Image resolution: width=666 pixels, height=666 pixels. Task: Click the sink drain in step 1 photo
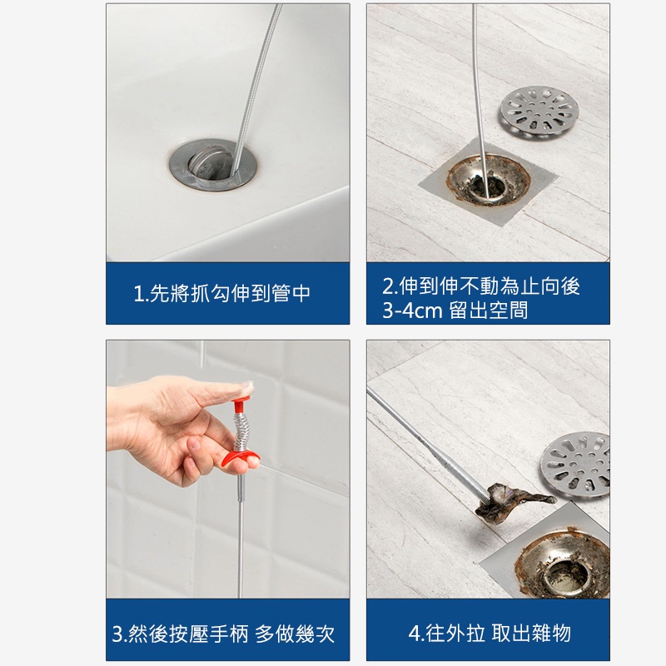pos(213,164)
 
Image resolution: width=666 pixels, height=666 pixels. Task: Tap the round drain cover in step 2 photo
pos(539,112)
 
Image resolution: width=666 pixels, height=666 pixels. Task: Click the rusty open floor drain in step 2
pos(488,181)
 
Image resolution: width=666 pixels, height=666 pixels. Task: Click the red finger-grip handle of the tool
pos(241,459)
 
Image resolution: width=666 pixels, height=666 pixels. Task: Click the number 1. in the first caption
pos(141,294)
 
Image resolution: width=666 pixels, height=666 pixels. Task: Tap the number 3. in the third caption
pos(119,634)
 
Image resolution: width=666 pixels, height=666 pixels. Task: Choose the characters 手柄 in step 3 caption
pos(230,634)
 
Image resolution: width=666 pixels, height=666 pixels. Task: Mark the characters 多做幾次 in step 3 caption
pos(295,634)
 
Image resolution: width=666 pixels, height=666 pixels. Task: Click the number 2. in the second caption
pos(390,286)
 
